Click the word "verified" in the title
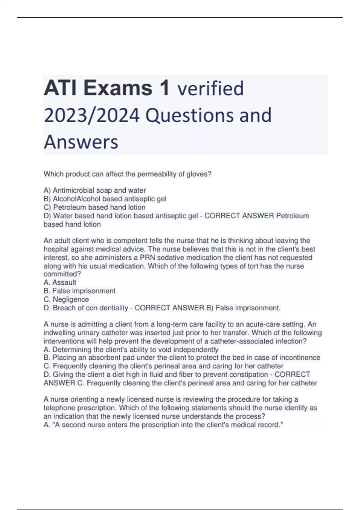211,88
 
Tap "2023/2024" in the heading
92,115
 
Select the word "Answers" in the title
81,142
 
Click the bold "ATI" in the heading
61,88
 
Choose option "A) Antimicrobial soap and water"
95,190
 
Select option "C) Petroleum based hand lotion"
94,207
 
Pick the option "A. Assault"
60,282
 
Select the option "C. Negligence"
66,299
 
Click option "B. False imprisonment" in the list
79,291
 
